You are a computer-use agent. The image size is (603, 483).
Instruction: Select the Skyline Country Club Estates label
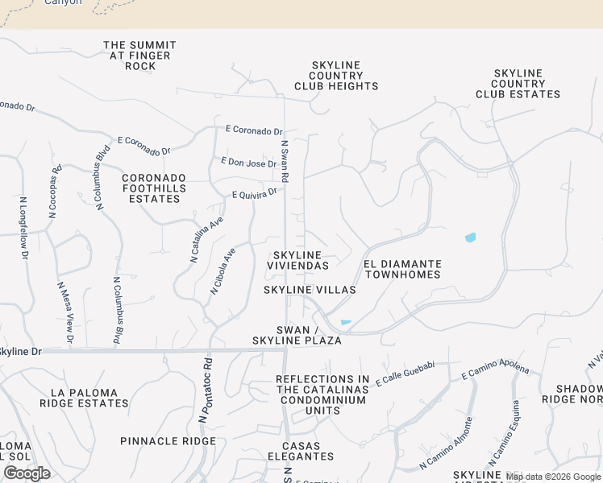point(518,84)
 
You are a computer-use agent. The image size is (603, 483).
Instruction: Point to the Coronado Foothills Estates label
point(154,188)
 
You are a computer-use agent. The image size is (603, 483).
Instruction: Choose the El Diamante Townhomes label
point(402,269)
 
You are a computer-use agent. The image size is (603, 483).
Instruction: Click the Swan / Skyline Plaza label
point(309,335)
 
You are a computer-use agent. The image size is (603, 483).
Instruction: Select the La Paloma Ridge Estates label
point(89,398)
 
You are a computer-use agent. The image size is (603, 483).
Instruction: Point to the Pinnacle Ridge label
point(168,441)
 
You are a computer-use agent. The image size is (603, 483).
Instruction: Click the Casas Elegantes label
point(301,452)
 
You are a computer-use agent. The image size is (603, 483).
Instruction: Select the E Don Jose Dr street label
point(249,163)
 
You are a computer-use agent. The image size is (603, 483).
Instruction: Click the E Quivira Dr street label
point(255,193)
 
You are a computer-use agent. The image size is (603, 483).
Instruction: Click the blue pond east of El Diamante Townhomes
point(470,237)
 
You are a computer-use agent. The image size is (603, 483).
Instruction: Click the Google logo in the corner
point(27,473)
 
